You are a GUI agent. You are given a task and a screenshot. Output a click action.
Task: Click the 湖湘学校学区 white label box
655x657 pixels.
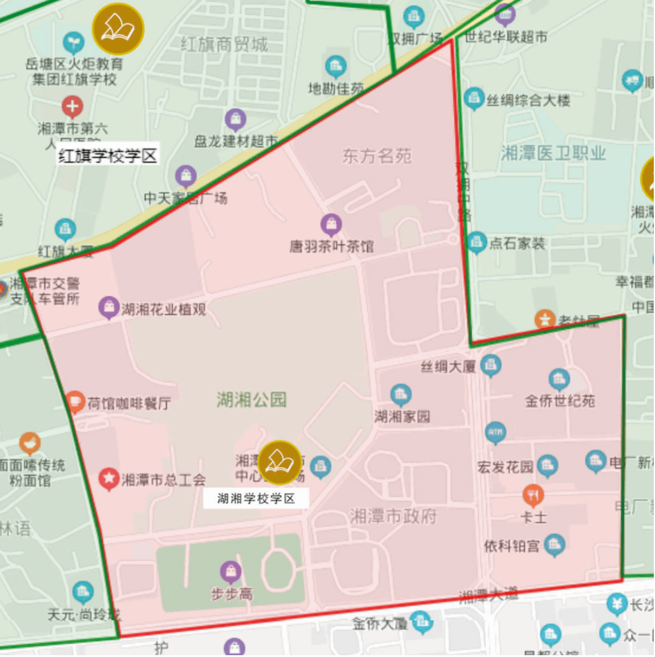(x=256, y=499)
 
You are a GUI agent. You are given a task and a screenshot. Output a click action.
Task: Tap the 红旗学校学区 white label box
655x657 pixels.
(x=108, y=156)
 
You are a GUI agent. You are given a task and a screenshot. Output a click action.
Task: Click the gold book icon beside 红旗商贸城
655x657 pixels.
(x=118, y=28)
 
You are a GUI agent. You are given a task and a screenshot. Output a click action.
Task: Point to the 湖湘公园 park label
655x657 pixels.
(x=252, y=399)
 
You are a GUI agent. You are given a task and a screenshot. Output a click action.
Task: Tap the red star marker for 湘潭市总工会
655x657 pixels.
(x=109, y=479)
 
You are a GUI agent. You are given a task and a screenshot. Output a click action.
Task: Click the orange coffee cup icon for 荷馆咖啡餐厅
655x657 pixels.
(x=75, y=401)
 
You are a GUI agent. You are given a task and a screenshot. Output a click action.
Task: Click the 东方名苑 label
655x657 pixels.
(x=377, y=156)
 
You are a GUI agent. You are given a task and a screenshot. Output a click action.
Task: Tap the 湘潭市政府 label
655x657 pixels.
(x=393, y=516)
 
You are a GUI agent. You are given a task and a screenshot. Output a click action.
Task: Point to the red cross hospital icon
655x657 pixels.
(x=72, y=107)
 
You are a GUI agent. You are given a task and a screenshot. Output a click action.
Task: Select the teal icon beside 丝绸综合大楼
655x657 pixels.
(x=474, y=99)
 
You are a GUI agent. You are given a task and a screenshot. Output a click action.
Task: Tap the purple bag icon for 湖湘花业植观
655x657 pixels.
(x=109, y=307)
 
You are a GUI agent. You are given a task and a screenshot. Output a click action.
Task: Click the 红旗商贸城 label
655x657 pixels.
(x=224, y=44)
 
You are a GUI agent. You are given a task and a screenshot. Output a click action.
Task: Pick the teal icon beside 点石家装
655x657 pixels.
(x=477, y=243)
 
